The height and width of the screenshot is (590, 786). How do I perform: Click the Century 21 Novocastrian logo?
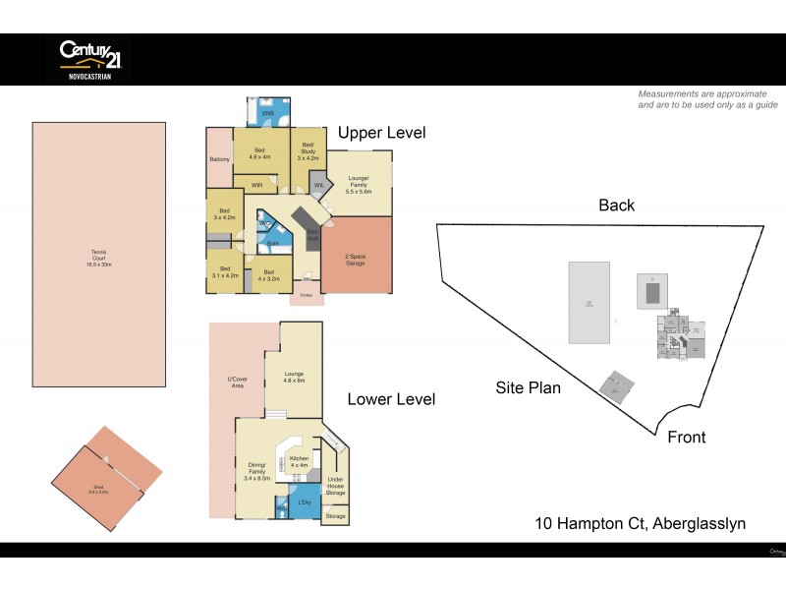tap(89, 58)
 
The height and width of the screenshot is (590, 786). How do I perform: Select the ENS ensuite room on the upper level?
tap(267, 111)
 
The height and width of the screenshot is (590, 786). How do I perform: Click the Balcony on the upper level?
tap(219, 159)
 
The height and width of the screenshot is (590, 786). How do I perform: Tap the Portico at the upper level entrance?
tap(306, 294)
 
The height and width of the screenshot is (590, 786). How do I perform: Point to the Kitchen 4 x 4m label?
tap(299, 461)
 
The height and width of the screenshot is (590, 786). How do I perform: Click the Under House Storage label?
tap(335, 485)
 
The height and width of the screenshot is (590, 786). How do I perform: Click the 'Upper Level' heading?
tap(381, 133)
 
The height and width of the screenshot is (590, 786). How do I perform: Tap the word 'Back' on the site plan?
tap(616, 206)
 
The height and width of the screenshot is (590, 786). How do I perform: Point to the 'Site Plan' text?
tap(528, 387)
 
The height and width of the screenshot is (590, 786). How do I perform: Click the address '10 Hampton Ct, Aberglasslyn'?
tap(640, 523)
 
